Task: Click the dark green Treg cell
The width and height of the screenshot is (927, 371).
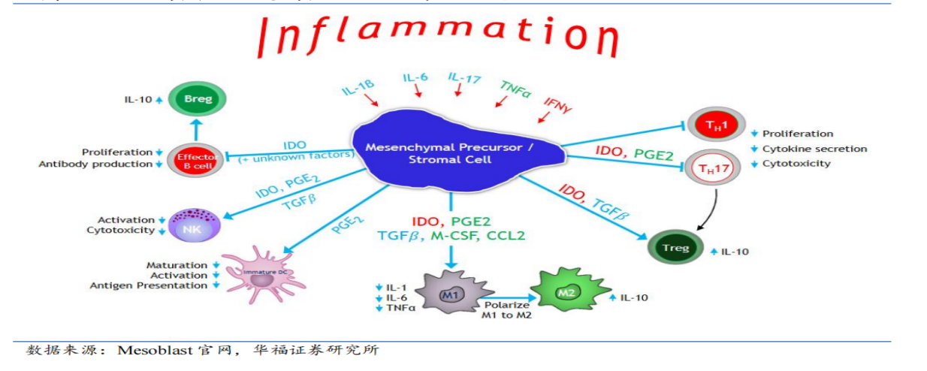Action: [x=675, y=249]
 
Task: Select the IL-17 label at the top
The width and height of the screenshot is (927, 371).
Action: [x=464, y=77]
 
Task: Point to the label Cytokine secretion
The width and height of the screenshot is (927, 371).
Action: [x=814, y=149]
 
